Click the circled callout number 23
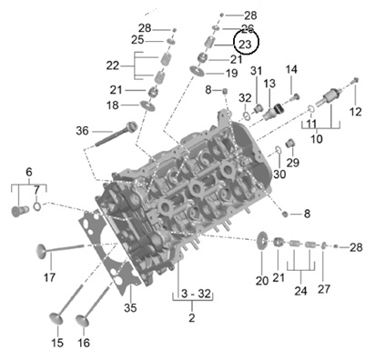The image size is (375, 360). pyautogui.click(x=245, y=44)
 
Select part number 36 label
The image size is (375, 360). pyautogui.click(x=82, y=131)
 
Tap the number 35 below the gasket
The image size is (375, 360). pyautogui.click(x=129, y=308)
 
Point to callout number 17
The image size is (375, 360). pyautogui.click(x=50, y=277)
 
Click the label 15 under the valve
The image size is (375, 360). pyautogui.click(x=56, y=344)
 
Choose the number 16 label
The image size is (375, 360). pyautogui.click(x=84, y=344)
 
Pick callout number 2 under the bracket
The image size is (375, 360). pyautogui.click(x=192, y=318)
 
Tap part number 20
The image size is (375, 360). pyautogui.click(x=262, y=281)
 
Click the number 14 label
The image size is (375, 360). pyautogui.click(x=292, y=70)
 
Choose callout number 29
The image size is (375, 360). pyautogui.click(x=292, y=162)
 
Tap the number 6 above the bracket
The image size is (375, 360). pyautogui.click(x=28, y=172)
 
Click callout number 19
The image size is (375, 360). pyautogui.click(x=231, y=73)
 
